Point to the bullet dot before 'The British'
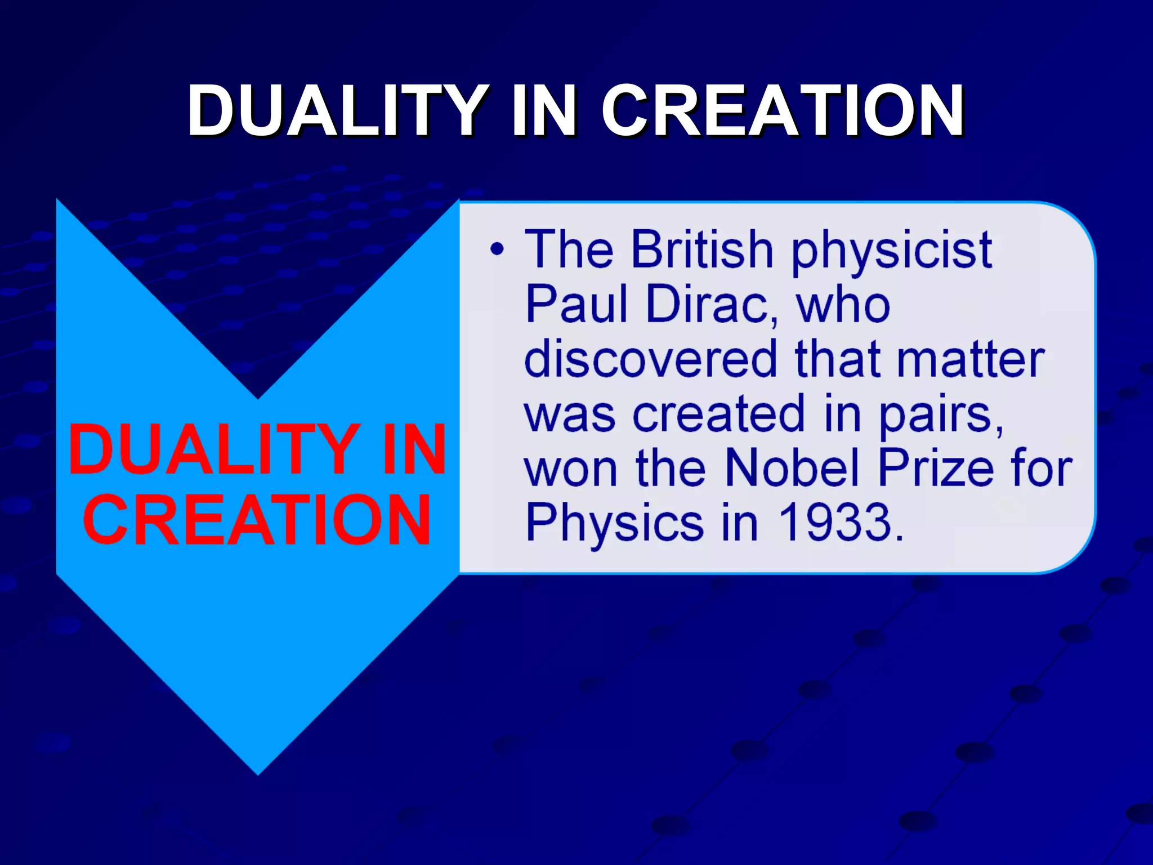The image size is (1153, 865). (x=496, y=249)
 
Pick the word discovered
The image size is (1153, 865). (x=650, y=359)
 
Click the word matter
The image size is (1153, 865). (x=971, y=359)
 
